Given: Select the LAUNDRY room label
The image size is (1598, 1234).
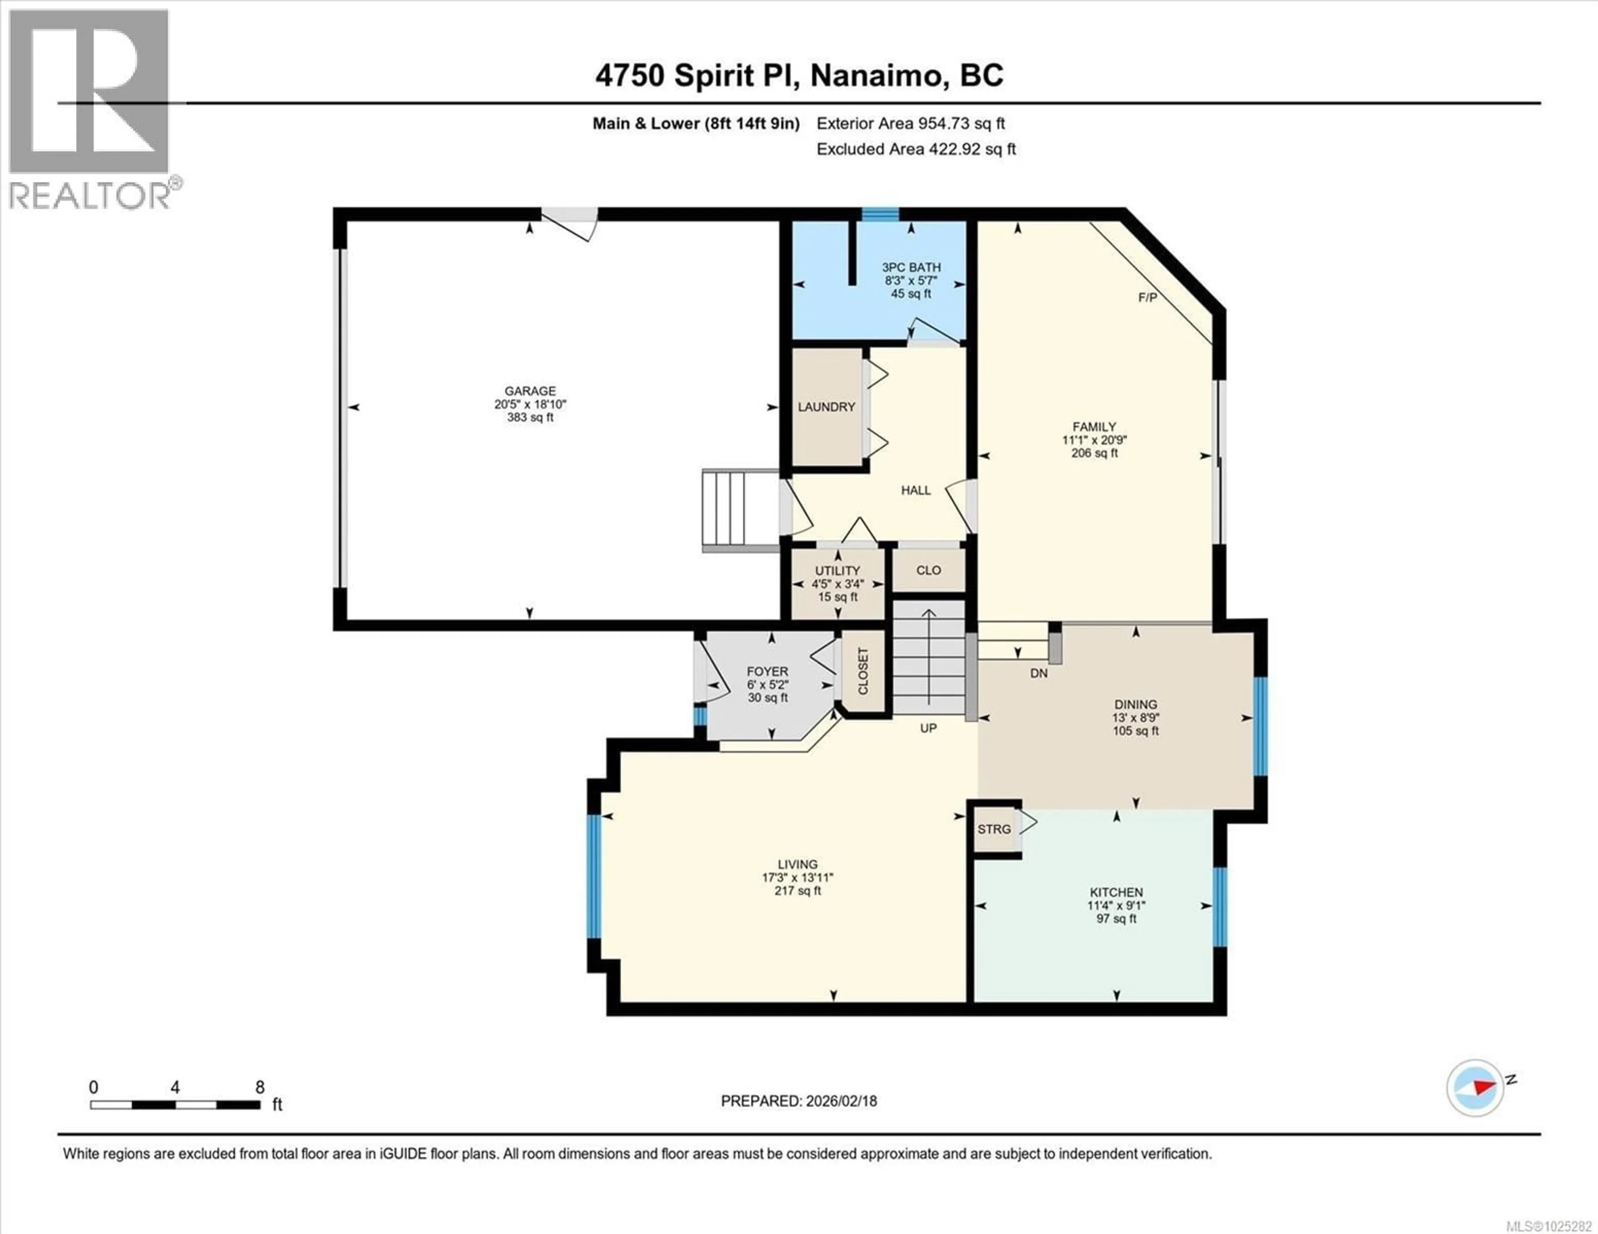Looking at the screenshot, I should tap(826, 407).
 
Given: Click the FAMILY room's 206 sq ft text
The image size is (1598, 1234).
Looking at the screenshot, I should tap(1094, 453).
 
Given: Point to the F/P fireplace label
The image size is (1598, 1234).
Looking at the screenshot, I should tap(1147, 298).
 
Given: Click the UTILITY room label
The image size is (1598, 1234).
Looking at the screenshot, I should tap(838, 571).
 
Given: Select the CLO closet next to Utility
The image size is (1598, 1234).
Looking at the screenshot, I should tap(928, 570).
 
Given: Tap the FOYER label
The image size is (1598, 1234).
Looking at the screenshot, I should tap(767, 672).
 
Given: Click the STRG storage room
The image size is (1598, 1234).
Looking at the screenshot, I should tap(994, 829).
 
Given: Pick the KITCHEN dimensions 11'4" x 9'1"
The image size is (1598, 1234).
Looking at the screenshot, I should tap(1116, 905).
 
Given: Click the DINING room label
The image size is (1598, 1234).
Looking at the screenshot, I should tap(1136, 705).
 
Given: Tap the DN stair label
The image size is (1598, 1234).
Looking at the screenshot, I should tap(1038, 673).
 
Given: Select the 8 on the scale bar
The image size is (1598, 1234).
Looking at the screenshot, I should tap(260, 1088).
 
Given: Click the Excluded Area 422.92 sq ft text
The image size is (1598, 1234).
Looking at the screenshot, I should tap(916, 149).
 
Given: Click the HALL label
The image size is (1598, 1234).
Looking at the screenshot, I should tap(916, 490).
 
